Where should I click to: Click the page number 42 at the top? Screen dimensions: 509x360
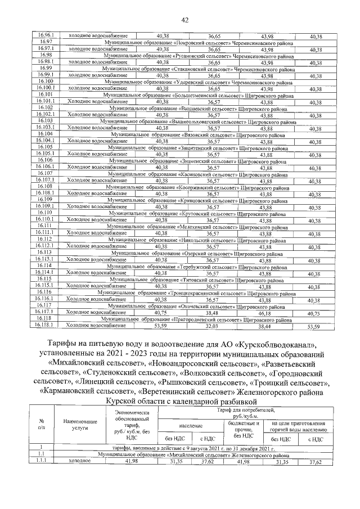[x=184, y=21]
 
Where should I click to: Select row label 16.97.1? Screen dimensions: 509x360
[x=46, y=49]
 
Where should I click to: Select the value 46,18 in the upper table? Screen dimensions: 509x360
[x=265, y=312]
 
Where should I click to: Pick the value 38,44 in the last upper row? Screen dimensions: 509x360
[x=265, y=326]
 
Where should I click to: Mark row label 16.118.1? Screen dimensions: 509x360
[x=46, y=325]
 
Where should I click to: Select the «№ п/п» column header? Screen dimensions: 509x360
[x=41, y=424]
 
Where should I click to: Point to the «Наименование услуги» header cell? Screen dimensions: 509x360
[x=77, y=424]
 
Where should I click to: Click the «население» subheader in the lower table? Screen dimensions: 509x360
[x=192, y=427]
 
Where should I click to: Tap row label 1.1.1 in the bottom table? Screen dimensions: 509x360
[x=41, y=461]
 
